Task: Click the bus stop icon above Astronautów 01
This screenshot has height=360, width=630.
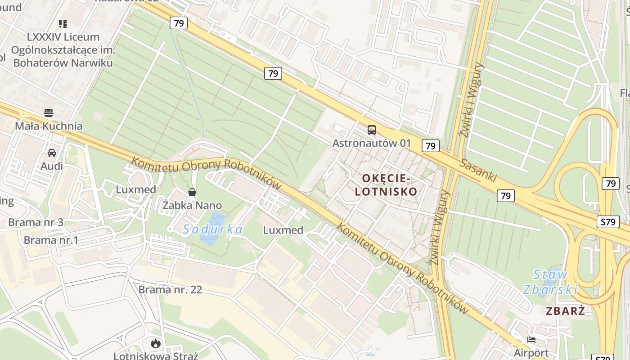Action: [x=372, y=130]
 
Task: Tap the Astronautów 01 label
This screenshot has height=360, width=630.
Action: [x=372, y=143]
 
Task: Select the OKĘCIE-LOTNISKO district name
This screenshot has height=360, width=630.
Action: [x=386, y=185]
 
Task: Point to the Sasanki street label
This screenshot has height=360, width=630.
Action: [x=478, y=171]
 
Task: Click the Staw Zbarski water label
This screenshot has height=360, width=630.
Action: [x=550, y=282]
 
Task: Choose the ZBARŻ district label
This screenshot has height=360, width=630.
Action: [x=566, y=310]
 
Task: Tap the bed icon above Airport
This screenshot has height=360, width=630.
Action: [x=531, y=340]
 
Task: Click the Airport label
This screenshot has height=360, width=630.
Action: [x=531, y=352]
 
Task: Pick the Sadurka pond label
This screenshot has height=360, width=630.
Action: [x=213, y=229]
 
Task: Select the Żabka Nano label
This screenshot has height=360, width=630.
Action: [x=192, y=206]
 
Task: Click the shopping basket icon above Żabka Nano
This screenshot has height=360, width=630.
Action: [x=192, y=193]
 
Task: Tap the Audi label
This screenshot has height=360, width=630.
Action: [x=52, y=166]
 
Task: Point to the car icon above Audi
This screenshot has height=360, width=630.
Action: [x=52, y=153]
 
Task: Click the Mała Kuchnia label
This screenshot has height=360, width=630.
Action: [x=49, y=126]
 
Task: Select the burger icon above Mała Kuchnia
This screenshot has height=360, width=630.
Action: [x=49, y=112]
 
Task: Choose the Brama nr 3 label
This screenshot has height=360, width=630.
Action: [x=36, y=222]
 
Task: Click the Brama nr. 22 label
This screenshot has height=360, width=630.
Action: [x=170, y=289]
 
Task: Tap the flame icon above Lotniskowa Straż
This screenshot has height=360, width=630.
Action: [x=156, y=344]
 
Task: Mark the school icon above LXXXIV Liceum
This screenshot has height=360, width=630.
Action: [x=63, y=23]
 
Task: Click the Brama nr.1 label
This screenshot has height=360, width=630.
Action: [x=51, y=240]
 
